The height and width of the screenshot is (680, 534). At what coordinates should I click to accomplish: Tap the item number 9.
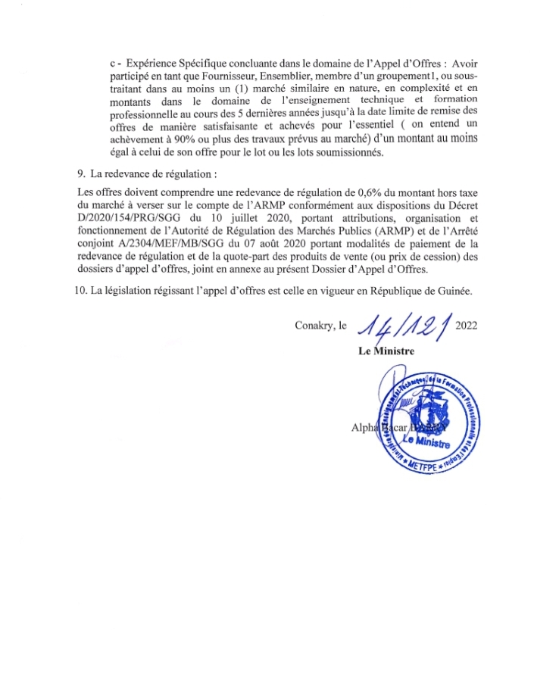[80, 173]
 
